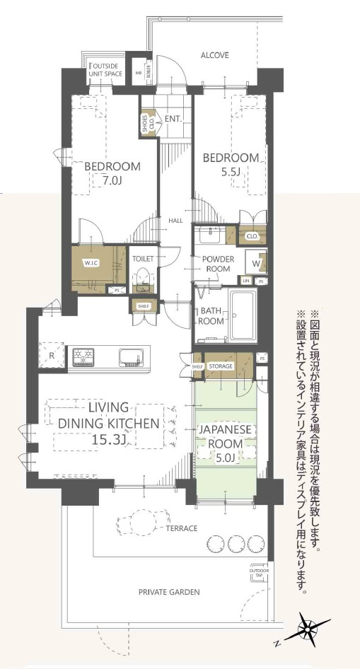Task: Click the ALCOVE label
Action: [214, 55]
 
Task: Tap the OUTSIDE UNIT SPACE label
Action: [105, 69]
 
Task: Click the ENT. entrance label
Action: [173, 119]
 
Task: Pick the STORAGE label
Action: [220, 366]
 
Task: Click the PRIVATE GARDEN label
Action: [169, 592]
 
